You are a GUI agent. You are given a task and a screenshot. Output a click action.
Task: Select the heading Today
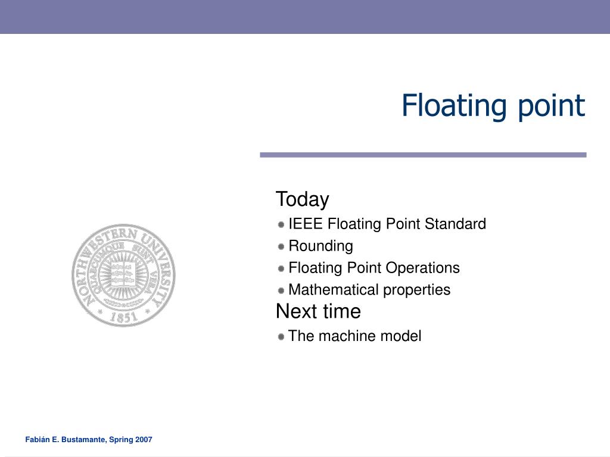[x=302, y=199]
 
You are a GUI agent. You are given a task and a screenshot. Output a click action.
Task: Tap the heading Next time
[x=318, y=311]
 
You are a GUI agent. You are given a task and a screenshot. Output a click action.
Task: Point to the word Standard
[x=455, y=224]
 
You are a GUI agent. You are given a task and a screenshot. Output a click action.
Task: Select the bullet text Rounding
[x=320, y=246]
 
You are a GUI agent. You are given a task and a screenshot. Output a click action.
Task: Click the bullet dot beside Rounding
[x=281, y=246]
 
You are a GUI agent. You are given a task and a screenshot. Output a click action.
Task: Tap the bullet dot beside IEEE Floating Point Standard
[x=281, y=225]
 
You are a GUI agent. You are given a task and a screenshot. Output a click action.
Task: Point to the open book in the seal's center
[x=123, y=273]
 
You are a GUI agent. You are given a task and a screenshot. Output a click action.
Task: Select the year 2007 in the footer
[x=144, y=440]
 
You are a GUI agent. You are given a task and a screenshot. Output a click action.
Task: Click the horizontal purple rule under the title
[x=423, y=155]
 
